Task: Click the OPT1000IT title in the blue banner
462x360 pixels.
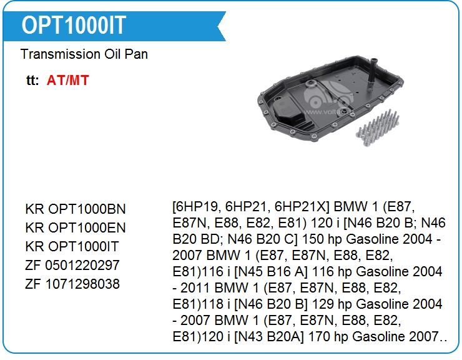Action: coord(74,26)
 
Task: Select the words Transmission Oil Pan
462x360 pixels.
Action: coord(84,54)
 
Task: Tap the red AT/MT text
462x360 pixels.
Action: coord(68,80)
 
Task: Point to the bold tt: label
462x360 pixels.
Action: coord(32,80)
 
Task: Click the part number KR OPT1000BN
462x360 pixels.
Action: coord(76,209)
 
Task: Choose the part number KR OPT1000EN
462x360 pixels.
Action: coord(76,227)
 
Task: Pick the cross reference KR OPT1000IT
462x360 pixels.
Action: coord(72,247)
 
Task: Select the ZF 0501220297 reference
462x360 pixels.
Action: coord(72,265)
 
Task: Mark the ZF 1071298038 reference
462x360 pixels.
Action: coord(72,284)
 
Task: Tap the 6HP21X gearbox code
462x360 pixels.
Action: coord(300,206)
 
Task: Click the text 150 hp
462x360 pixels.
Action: coord(322,239)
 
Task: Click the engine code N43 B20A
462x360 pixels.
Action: coord(268,336)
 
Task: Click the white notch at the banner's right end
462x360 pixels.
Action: coord(222,26)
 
